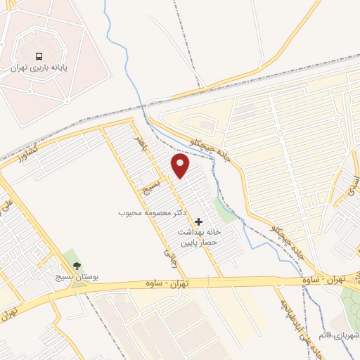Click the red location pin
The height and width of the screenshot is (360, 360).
[181, 165]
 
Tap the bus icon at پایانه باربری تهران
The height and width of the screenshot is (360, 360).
[39, 56]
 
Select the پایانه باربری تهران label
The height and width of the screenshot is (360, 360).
[39, 69]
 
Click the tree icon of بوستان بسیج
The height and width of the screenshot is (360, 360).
[77, 266]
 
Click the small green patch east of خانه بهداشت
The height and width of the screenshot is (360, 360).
[225, 210]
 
